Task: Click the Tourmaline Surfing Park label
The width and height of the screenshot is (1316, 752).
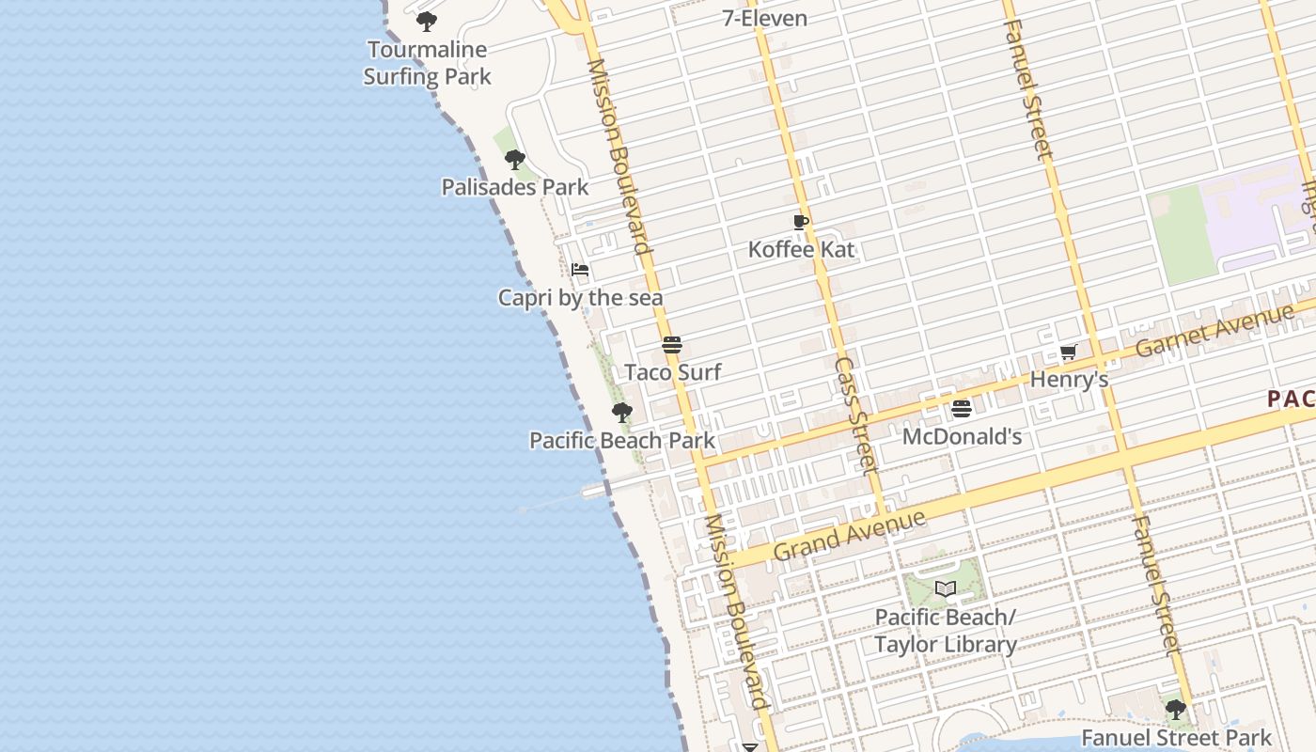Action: pos(428,63)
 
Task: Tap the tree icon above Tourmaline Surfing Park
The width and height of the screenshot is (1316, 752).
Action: pos(427,21)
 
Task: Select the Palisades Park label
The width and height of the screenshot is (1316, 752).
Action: pos(515,187)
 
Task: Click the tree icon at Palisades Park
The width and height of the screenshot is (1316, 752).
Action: pos(514,160)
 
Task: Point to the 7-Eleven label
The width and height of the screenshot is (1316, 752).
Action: pos(764,18)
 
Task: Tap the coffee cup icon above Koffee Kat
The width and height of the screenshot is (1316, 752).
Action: pos(800,223)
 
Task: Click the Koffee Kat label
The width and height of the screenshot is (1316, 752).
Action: pos(802,249)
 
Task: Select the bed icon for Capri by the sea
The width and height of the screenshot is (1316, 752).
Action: pos(580,270)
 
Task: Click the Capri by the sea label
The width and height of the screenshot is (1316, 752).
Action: pos(580,298)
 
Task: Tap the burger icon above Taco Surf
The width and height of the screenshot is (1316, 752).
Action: pos(671,345)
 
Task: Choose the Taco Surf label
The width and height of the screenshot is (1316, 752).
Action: pos(673,372)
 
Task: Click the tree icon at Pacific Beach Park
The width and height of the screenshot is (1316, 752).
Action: pos(621,412)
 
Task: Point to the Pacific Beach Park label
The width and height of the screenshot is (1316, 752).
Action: pos(622,440)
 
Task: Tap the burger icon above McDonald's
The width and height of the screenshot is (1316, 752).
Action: pos(961,409)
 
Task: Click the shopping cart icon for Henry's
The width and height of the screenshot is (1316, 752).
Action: pos(1068,352)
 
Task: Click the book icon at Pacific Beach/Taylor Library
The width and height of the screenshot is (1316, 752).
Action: pos(946,588)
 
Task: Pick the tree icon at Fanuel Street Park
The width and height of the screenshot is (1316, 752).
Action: pos(1175,710)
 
